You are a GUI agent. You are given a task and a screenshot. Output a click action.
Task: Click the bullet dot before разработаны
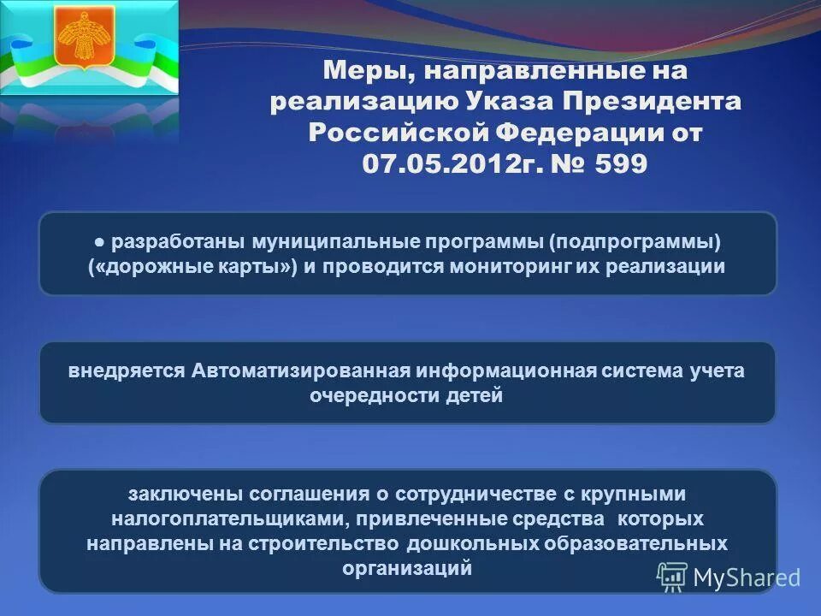point(101,240)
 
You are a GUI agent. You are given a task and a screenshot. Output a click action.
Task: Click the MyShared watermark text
point(746,577)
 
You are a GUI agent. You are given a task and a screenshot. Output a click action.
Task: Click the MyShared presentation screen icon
point(672,577)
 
